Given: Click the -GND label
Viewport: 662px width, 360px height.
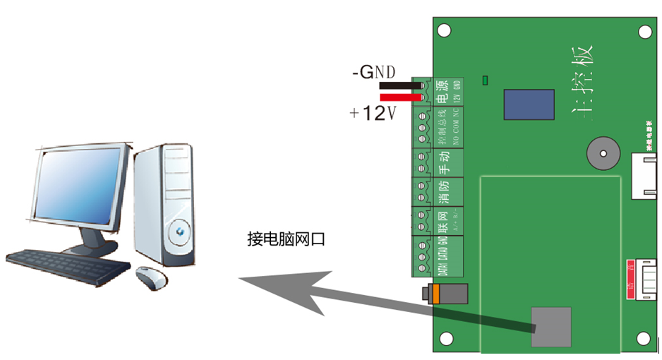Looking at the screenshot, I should tap(373, 72).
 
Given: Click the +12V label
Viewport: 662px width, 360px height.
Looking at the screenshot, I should tap(372, 113).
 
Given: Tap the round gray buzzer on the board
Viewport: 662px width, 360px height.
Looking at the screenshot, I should tap(601, 152).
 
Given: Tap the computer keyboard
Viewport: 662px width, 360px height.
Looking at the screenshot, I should tap(67, 266).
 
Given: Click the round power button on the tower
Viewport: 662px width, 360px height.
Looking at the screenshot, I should tap(180, 229).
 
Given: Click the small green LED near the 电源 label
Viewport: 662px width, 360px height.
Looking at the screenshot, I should tap(485, 80).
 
